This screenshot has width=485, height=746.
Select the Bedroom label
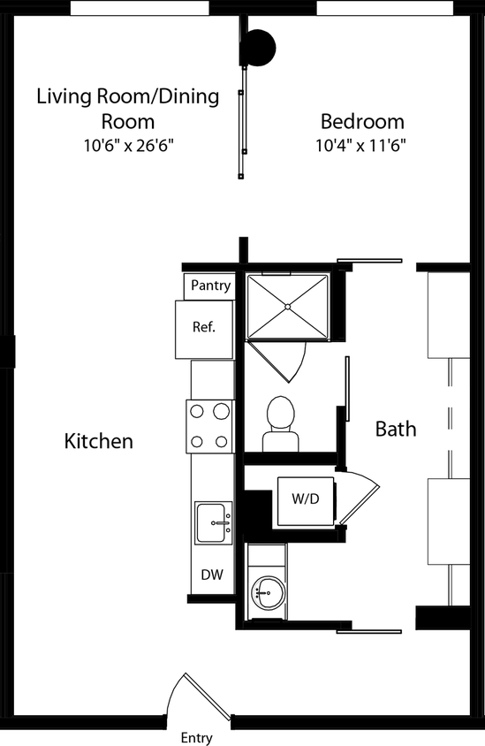click(x=362, y=122)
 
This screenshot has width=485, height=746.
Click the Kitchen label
click(x=99, y=440)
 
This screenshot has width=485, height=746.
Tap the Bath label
click(x=396, y=430)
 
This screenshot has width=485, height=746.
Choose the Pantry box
click(x=210, y=285)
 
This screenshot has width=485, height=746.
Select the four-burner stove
click(x=210, y=425)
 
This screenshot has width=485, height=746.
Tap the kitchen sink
click(x=213, y=523)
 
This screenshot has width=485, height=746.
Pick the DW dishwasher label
click(x=211, y=575)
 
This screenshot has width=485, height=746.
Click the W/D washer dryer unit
click(x=305, y=499)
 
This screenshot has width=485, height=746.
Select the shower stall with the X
click(x=288, y=307)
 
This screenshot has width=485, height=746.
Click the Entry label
click(x=196, y=737)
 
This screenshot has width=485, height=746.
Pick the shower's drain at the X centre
click(x=288, y=307)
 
